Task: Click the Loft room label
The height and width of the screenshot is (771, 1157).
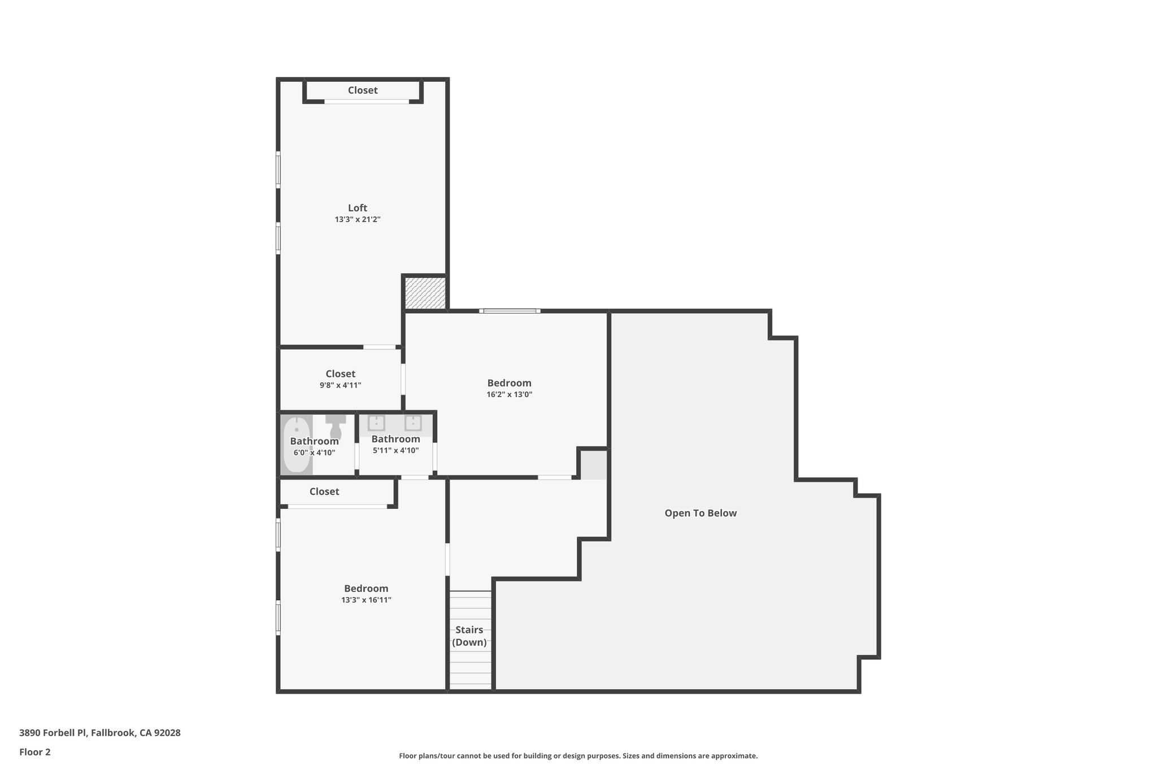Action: (357, 208)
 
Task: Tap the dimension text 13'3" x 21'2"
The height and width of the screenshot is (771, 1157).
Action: (357, 220)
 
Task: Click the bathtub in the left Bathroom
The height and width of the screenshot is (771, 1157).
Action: (296, 445)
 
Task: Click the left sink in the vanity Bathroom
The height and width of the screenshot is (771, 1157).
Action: (376, 423)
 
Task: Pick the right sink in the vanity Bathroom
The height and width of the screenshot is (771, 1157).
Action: (413, 423)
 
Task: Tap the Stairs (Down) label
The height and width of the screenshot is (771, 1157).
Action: (469, 636)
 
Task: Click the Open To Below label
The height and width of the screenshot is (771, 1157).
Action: (701, 513)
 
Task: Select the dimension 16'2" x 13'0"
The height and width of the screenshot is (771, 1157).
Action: (509, 395)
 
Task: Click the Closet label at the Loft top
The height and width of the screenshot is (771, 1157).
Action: (363, 90)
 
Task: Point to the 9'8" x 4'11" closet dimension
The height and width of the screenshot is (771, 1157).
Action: (340, 386)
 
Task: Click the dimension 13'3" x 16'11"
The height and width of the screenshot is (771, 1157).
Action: (366, 600)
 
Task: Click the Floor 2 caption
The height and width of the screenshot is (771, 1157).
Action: (35, 752)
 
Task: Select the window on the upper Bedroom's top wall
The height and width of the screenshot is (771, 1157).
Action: (510, 311)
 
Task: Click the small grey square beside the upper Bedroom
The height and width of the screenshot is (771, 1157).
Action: (594, 465)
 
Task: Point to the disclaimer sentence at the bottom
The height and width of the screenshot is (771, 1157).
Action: (578, 756)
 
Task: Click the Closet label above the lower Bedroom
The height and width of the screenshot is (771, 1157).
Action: (324, 492)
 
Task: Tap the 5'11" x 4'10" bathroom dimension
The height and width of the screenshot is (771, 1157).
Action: (395, 451)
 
